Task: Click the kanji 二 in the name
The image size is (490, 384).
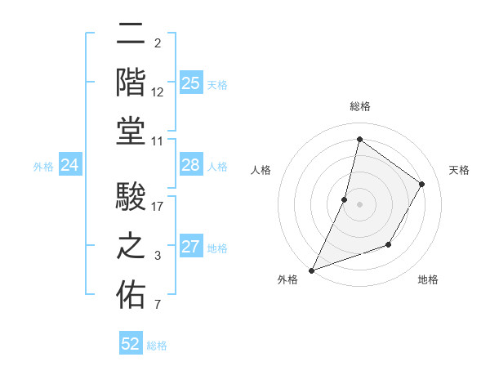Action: click(131, 34)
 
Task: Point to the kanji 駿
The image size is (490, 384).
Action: click(131, 197)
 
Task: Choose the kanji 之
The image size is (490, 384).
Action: click(131, 246)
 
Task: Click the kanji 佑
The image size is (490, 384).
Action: click(131, 295)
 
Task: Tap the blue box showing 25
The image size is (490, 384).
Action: click(190, 83)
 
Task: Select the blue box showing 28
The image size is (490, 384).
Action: click(190, 166)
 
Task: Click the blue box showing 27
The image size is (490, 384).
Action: click(190, 248)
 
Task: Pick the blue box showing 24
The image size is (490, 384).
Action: click(69, 166)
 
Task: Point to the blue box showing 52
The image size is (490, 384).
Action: click(131, 344)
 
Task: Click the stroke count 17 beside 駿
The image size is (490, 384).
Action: click(158, 207)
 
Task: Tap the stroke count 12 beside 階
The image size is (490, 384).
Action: click(158, 92)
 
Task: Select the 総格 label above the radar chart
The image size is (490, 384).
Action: click(359, 107)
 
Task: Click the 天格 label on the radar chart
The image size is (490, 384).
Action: click(459, 170)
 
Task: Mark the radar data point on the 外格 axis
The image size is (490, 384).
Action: click(311, 270)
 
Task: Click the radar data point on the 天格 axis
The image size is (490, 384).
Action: click(422, 184)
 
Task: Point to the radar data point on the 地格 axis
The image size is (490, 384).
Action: click(390, 245)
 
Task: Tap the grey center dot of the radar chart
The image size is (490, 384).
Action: click(359, 204)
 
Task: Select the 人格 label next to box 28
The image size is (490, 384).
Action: click(217, 167)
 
